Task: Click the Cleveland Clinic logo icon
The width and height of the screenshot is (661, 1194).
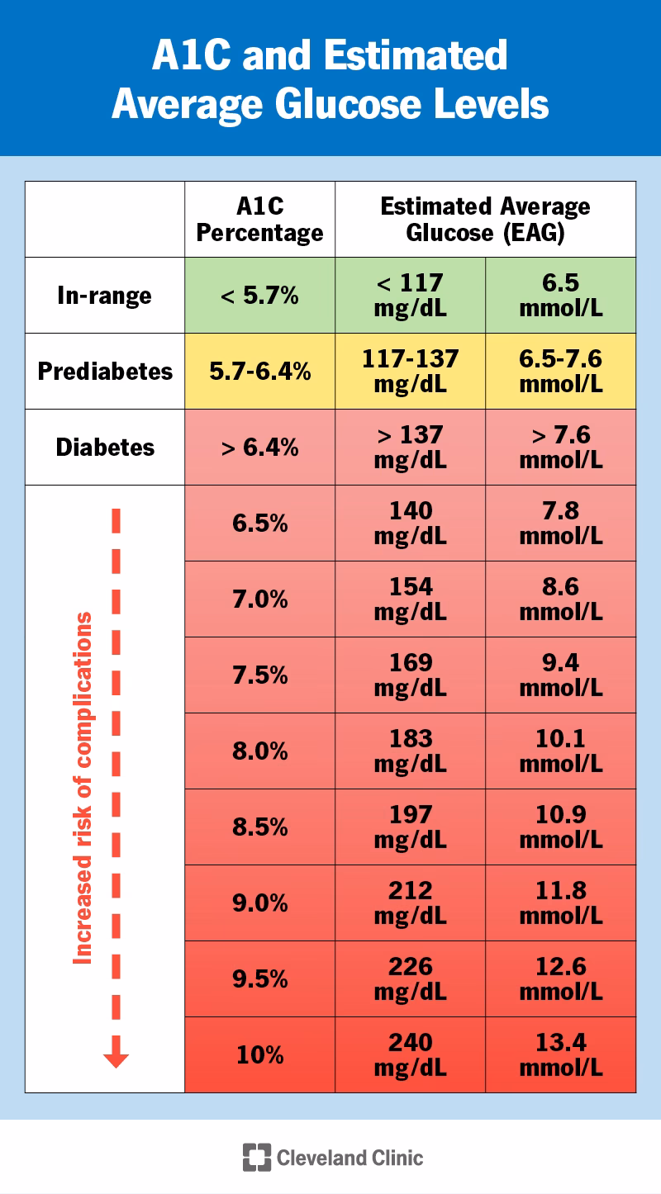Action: click(256, 1157)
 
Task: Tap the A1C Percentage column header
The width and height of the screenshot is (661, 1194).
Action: click(259, 220)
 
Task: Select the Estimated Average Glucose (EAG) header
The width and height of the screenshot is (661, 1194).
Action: click(485, 220)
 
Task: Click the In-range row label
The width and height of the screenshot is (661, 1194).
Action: click(105, 296)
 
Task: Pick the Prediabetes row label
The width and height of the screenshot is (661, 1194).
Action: click(105, 372)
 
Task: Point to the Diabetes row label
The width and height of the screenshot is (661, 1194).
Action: click(105, 448)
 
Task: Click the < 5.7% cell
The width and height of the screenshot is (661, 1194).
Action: click(259, 296)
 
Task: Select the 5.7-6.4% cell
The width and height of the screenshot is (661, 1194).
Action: click(259, 372)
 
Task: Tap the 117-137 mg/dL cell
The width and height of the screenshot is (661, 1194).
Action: click(410, 372)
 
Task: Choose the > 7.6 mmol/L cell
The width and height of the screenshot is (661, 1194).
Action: click(560, 448)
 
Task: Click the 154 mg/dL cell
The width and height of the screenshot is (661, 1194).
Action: click(410, 599)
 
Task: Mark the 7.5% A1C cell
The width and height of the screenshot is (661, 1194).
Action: click(259, 675)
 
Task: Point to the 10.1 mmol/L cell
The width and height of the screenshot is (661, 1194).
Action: click(560, 751)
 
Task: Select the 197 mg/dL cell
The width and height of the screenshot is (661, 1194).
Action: click(410, 827)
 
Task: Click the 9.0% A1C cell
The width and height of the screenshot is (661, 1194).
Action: click(259, 903)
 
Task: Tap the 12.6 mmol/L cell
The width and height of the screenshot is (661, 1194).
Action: click(560, 979)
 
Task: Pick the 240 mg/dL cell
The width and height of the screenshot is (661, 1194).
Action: click(410, 1055)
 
